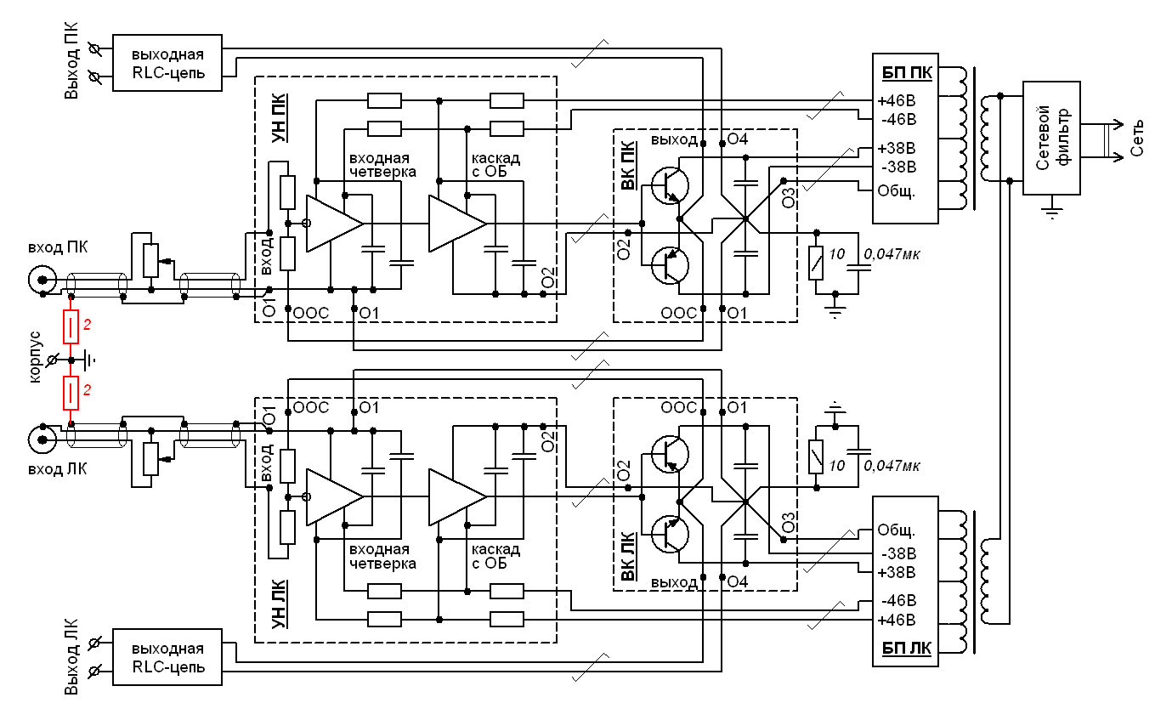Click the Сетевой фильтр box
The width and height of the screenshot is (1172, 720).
(x=1051, y=138)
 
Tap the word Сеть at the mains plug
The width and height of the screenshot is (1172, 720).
(x=1139, y=139)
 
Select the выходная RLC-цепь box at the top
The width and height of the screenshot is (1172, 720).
(x=167, y=63)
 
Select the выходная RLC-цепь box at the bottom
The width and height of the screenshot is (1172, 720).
(x=167, y=656)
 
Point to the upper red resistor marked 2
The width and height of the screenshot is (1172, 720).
(x=71, y=326)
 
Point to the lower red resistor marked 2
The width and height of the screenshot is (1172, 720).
(x=71, y=392)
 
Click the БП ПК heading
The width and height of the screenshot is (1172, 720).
(x=905, y=73)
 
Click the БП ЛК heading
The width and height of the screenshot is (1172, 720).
(x=905, y=649)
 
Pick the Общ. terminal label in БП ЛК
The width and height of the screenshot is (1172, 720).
(x=897, y=532)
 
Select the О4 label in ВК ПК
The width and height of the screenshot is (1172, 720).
(x=738, y=139)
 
